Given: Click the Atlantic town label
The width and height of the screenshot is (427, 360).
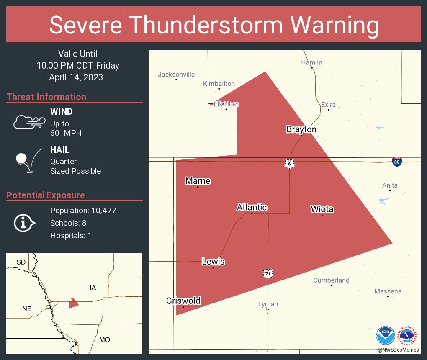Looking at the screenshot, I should (x=252, y=207).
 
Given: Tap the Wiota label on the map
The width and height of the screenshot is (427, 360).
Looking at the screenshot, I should (x=322, y=209).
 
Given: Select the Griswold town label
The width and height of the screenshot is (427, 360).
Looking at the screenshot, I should (x=183, y=301).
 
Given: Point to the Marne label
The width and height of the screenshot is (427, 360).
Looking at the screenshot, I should (x=198, y=181).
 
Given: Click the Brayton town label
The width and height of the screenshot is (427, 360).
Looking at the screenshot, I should (x=301, y=129).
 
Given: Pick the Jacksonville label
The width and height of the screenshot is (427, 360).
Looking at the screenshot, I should (x=176, y=75).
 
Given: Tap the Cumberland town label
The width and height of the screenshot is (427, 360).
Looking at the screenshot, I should (x=331, y=280).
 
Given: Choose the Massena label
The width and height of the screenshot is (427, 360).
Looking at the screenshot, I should (x=388, y=291).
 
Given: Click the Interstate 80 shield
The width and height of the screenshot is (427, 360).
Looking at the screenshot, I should (x=397, y=162).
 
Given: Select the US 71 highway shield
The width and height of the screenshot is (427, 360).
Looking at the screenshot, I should (x=268, y=273).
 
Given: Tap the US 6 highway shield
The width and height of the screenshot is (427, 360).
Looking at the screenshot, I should (x=289, y=164).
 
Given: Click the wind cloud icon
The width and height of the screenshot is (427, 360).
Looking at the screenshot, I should (x=28, y=121).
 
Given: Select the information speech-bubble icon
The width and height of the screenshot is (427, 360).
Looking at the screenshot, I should (x=24, y=223).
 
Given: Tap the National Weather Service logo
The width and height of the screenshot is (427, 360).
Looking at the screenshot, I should (x=409, y=336).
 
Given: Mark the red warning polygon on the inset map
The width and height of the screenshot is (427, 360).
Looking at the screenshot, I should (x=74, y=303).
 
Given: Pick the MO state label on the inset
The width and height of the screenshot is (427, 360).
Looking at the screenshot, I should (x=104, y=339).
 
